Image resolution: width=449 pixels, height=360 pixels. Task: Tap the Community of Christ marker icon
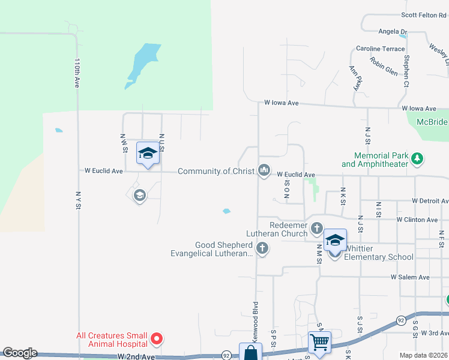pos(264,171)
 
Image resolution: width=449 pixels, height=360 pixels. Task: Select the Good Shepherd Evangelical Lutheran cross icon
pos(262,248)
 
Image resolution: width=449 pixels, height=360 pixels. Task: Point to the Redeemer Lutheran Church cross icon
pos(317,228)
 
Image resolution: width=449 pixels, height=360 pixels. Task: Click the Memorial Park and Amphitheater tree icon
pos(417,159)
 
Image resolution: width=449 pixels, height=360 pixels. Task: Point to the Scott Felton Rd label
pos(424,15)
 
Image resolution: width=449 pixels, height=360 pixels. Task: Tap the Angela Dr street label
pos(393,31)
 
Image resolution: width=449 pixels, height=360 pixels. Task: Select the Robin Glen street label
pos(384,66)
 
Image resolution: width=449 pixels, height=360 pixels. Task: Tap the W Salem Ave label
pos(410,277)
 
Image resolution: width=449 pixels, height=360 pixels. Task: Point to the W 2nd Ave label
pos(137,356)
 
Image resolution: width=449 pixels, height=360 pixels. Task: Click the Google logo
pos(19,353)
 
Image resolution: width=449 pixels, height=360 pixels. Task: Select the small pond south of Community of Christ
pos(226,211)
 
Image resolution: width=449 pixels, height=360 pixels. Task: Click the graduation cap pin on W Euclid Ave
pos(147,154)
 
